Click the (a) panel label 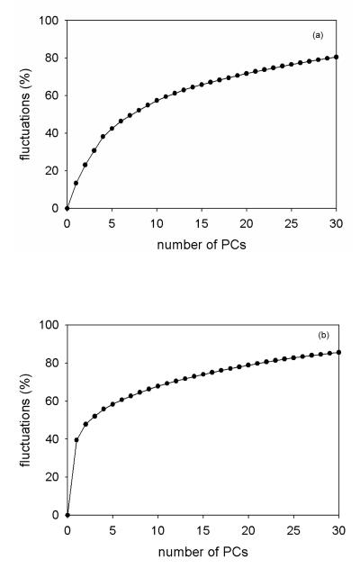click(x=318, y=35)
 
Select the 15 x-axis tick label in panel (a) click(x=202, y=222)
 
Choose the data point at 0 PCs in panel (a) click(x=67, y=208)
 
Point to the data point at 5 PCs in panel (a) click(x=112, y=129)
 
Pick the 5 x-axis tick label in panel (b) click(x=112, y=529)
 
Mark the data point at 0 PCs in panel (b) click(x=67, y=515)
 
